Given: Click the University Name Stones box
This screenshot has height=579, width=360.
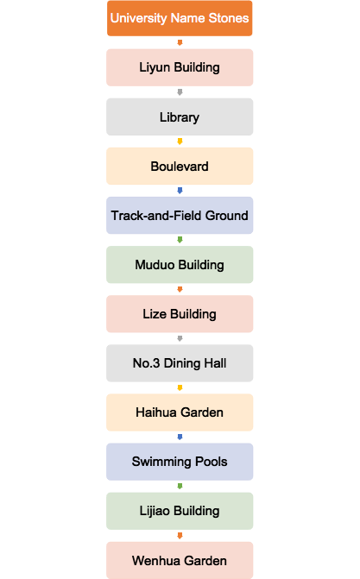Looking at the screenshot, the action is click(x=180, y=18).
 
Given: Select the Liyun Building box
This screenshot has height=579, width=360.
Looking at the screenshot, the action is click(x=180, y=67).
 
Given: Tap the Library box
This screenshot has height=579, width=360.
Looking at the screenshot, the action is click(x=180, y=116).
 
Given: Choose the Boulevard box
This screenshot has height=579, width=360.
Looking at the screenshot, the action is click(x=180, y=167).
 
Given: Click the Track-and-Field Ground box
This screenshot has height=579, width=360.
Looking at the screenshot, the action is click(x=180, y=215).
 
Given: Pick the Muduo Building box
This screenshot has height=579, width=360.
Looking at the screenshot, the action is click(x=180, y=265).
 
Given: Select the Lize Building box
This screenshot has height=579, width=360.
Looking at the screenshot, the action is click(x=180, y=314).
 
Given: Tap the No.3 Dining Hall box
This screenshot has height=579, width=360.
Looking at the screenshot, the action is click(x=180, y=363).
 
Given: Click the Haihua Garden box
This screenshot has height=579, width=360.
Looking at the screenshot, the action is click(x=180, y=412).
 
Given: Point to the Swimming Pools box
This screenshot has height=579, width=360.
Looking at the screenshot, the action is click(x=180, y=462).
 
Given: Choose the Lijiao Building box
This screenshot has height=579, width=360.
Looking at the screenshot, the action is click(x=180, y=511).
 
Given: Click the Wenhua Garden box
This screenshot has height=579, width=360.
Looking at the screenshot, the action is click(x=180, y=560).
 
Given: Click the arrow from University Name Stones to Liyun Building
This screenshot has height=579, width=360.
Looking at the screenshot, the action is click(x=180, y=43).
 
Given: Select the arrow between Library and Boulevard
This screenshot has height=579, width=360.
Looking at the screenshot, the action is click(x=180, y=142).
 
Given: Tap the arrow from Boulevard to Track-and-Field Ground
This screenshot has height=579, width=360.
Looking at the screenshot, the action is click(x=180, y=191).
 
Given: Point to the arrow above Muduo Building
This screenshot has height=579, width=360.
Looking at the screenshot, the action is click(x=180, y=240).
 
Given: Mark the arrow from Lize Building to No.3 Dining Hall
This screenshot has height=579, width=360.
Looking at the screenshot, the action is click(x=180, y=338).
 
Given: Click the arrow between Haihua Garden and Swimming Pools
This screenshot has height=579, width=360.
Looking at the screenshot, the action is click(x=180, y=437).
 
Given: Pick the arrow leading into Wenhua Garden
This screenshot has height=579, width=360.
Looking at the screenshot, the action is click(x=180, y=536).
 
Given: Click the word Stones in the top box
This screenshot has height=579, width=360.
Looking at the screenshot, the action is click(x=229, y=18).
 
